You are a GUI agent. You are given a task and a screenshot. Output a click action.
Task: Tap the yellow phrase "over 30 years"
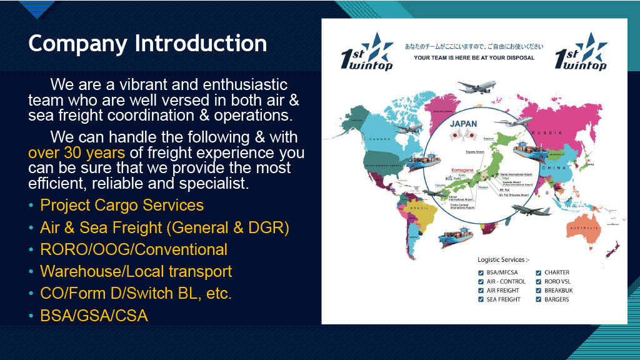pyautogui.click(x=77, y=152)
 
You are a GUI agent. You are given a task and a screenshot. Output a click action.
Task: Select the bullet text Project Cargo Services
pyautogui.click(x=122, y=205)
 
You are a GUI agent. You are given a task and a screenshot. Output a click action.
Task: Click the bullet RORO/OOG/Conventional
pyautogui.click(x=133, y=249)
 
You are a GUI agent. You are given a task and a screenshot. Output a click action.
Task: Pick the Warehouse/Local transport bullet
pyautogui.click(x=136, y=272)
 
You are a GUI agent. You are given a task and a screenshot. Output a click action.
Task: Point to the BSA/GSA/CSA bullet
pyautogui.click(x=94, y=316)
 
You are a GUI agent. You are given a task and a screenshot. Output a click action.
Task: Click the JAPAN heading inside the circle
pyautogui.click(x=463, y=124)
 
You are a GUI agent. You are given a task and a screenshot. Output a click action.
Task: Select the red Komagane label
pyautogui.click(x=463, y=169)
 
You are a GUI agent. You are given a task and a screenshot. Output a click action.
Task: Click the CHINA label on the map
pyautogui.click(x=554, y=167)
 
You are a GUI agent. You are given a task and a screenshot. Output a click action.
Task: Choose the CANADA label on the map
pyautogui.click(x=379, y=139)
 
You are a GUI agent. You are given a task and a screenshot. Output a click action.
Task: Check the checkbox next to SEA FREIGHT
pyautogui.click(x=481, y=300)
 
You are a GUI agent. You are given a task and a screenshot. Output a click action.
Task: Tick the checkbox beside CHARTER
pyautogui.click(x=538, y=272)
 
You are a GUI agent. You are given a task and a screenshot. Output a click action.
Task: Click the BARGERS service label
pyautogui.click(x=557, y=300)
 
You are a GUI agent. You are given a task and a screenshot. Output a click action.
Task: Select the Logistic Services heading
pyautogui.click(x=503, y=259)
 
